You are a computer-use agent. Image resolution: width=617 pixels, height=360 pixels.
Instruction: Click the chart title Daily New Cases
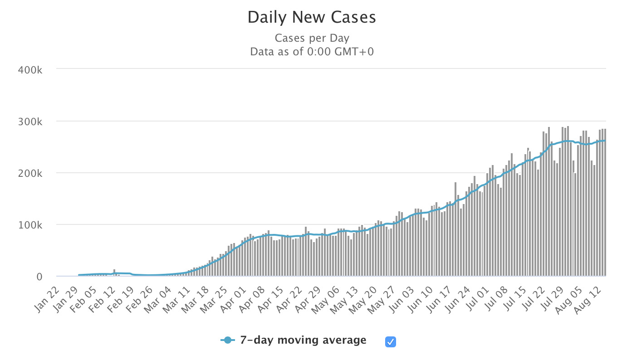tap(312, 18)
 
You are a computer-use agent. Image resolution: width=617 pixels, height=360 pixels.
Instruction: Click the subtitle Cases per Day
tap(312, 39)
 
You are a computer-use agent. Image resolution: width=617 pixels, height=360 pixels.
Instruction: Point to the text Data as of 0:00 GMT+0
tap(312, 52)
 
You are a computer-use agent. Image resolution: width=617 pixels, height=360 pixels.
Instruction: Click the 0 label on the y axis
tap(40, 277)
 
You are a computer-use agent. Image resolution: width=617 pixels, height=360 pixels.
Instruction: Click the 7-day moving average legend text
tap(303, 340)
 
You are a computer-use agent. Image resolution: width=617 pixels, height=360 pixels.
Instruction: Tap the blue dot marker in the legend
tap(228, 341)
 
